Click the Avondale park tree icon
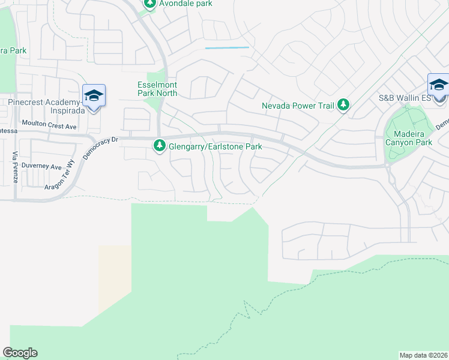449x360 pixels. click(150, 4)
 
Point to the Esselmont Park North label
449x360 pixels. click(157, 89)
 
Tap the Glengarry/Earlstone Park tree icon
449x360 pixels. click(160, 145)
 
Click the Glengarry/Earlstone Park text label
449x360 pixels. click(215, 146)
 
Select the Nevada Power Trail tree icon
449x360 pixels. click(343, 106)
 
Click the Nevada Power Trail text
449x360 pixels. click(298, 106)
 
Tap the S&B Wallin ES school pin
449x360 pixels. click(438, 86)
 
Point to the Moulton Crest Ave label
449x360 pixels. click(49, 126)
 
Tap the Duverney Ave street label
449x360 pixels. click(41, 166)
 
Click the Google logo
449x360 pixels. click(20, 353)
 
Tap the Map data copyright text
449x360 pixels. click(423, 355)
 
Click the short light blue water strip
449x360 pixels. click(227, 47)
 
